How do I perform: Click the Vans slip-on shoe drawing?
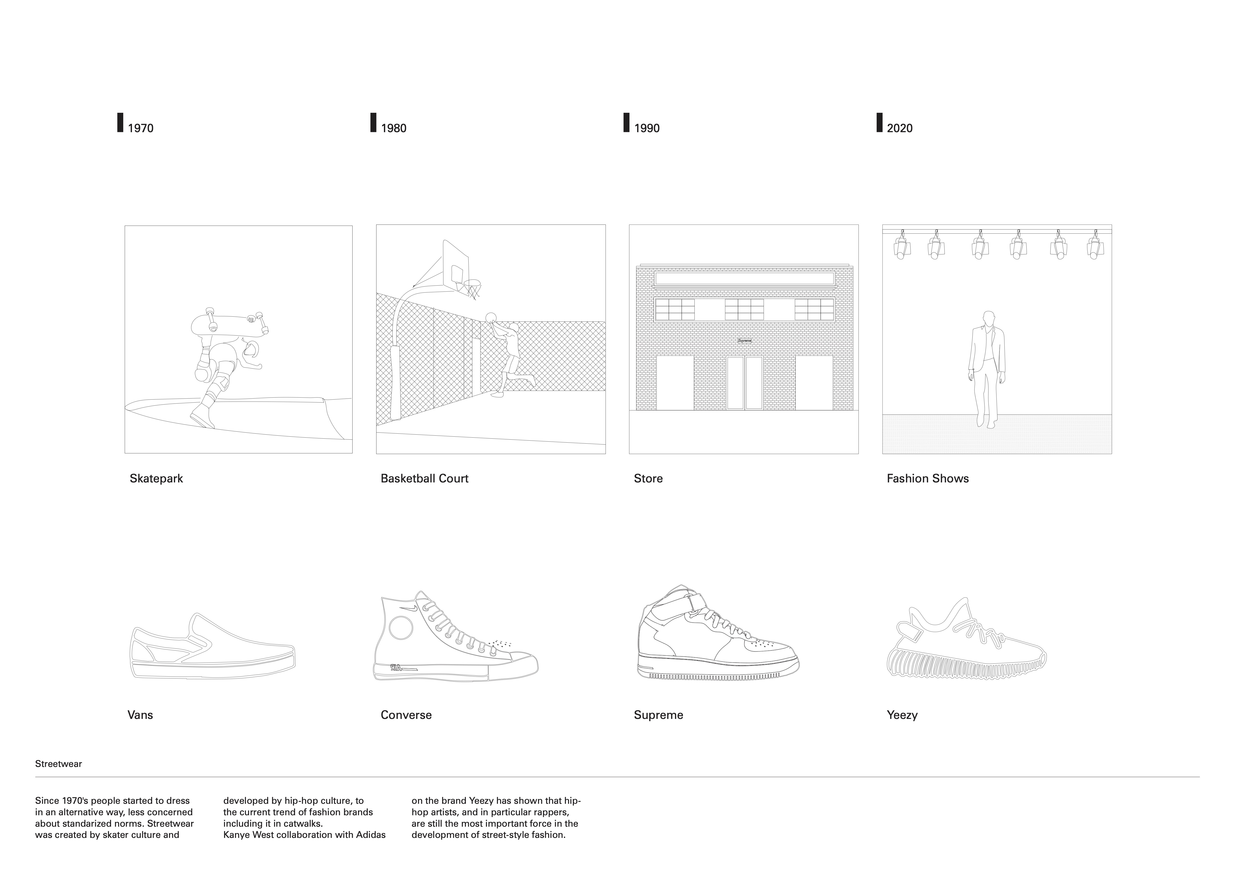pyautogui.click(x=212, y=648)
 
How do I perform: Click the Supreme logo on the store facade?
pyautogui.click(x=744, y=341)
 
